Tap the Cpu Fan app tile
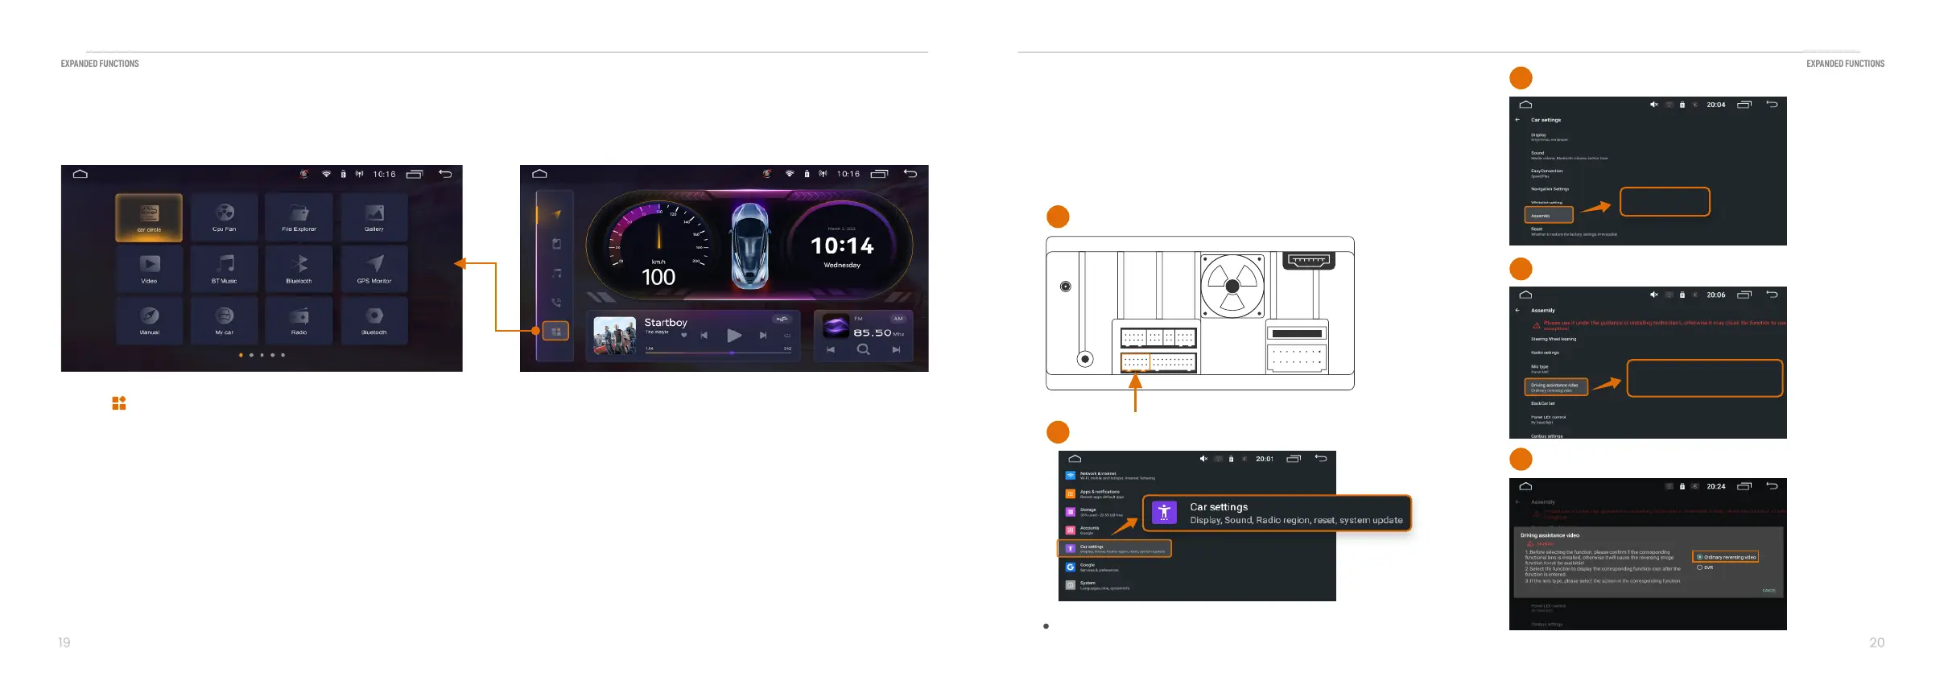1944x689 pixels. (225, 217)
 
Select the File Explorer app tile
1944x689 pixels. (299, 217)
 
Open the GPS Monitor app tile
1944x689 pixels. (374, 269)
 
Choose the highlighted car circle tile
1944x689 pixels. (149, 217)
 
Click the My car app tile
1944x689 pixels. (225, 320)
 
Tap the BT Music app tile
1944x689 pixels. (225, 269)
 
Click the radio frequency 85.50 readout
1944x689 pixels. (873, 332)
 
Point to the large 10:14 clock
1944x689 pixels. (842, 245)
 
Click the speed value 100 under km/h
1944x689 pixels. (658, 278)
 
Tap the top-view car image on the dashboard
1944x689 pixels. (750, 245)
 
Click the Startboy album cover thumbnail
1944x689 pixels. (614, 335)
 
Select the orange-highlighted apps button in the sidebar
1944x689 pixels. (555, 331)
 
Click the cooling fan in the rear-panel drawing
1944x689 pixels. (1232, 286)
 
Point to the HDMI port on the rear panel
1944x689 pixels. (1308, 260)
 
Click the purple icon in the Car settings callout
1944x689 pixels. (1164, 513)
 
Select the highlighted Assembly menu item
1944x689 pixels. (1548, 216)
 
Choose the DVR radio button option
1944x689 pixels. (1699, 567)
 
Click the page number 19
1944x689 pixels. (64, 642)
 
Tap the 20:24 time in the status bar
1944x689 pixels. (1715, 486)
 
